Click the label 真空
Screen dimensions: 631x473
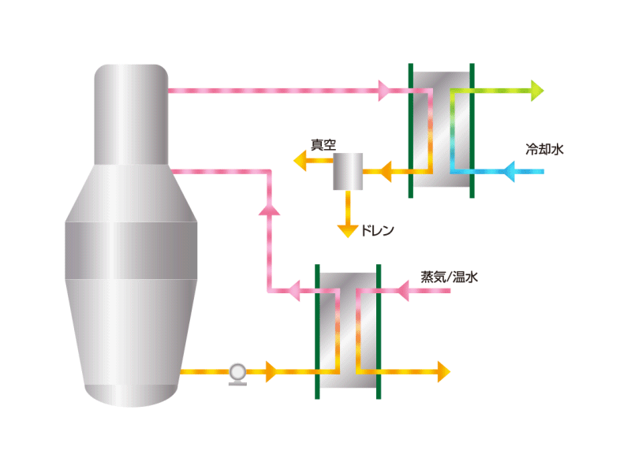(x=323, y=145)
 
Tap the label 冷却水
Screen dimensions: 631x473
(x=544, y=149)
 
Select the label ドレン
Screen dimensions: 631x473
(x=378, y=230)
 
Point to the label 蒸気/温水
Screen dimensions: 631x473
(x=449, y=277)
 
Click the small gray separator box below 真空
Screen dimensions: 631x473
(x=348, y=171)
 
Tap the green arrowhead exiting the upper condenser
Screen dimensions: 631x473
(x=537, y=91)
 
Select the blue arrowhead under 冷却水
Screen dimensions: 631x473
(x=509, y=172)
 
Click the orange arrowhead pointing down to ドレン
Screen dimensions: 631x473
(x=348, y=232)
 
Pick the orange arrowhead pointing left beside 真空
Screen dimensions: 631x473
(x=300, y=161)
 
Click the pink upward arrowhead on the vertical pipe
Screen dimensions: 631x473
(x=269, y=209)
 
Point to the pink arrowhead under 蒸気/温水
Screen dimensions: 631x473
(x=403, y=290)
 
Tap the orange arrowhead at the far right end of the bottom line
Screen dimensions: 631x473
(x=444, y=371)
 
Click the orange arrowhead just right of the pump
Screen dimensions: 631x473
(x=271, y=371)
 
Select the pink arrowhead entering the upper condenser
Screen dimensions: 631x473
(x=384, y=91)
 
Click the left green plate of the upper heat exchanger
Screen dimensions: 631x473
(x=410, y=131)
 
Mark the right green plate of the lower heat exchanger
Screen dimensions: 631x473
(x=379, y=332)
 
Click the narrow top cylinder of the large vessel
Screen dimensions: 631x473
(x=131, y=114)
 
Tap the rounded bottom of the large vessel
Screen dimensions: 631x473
(x=131, y=396)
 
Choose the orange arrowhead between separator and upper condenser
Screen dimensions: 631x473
(x=386, y=172)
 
